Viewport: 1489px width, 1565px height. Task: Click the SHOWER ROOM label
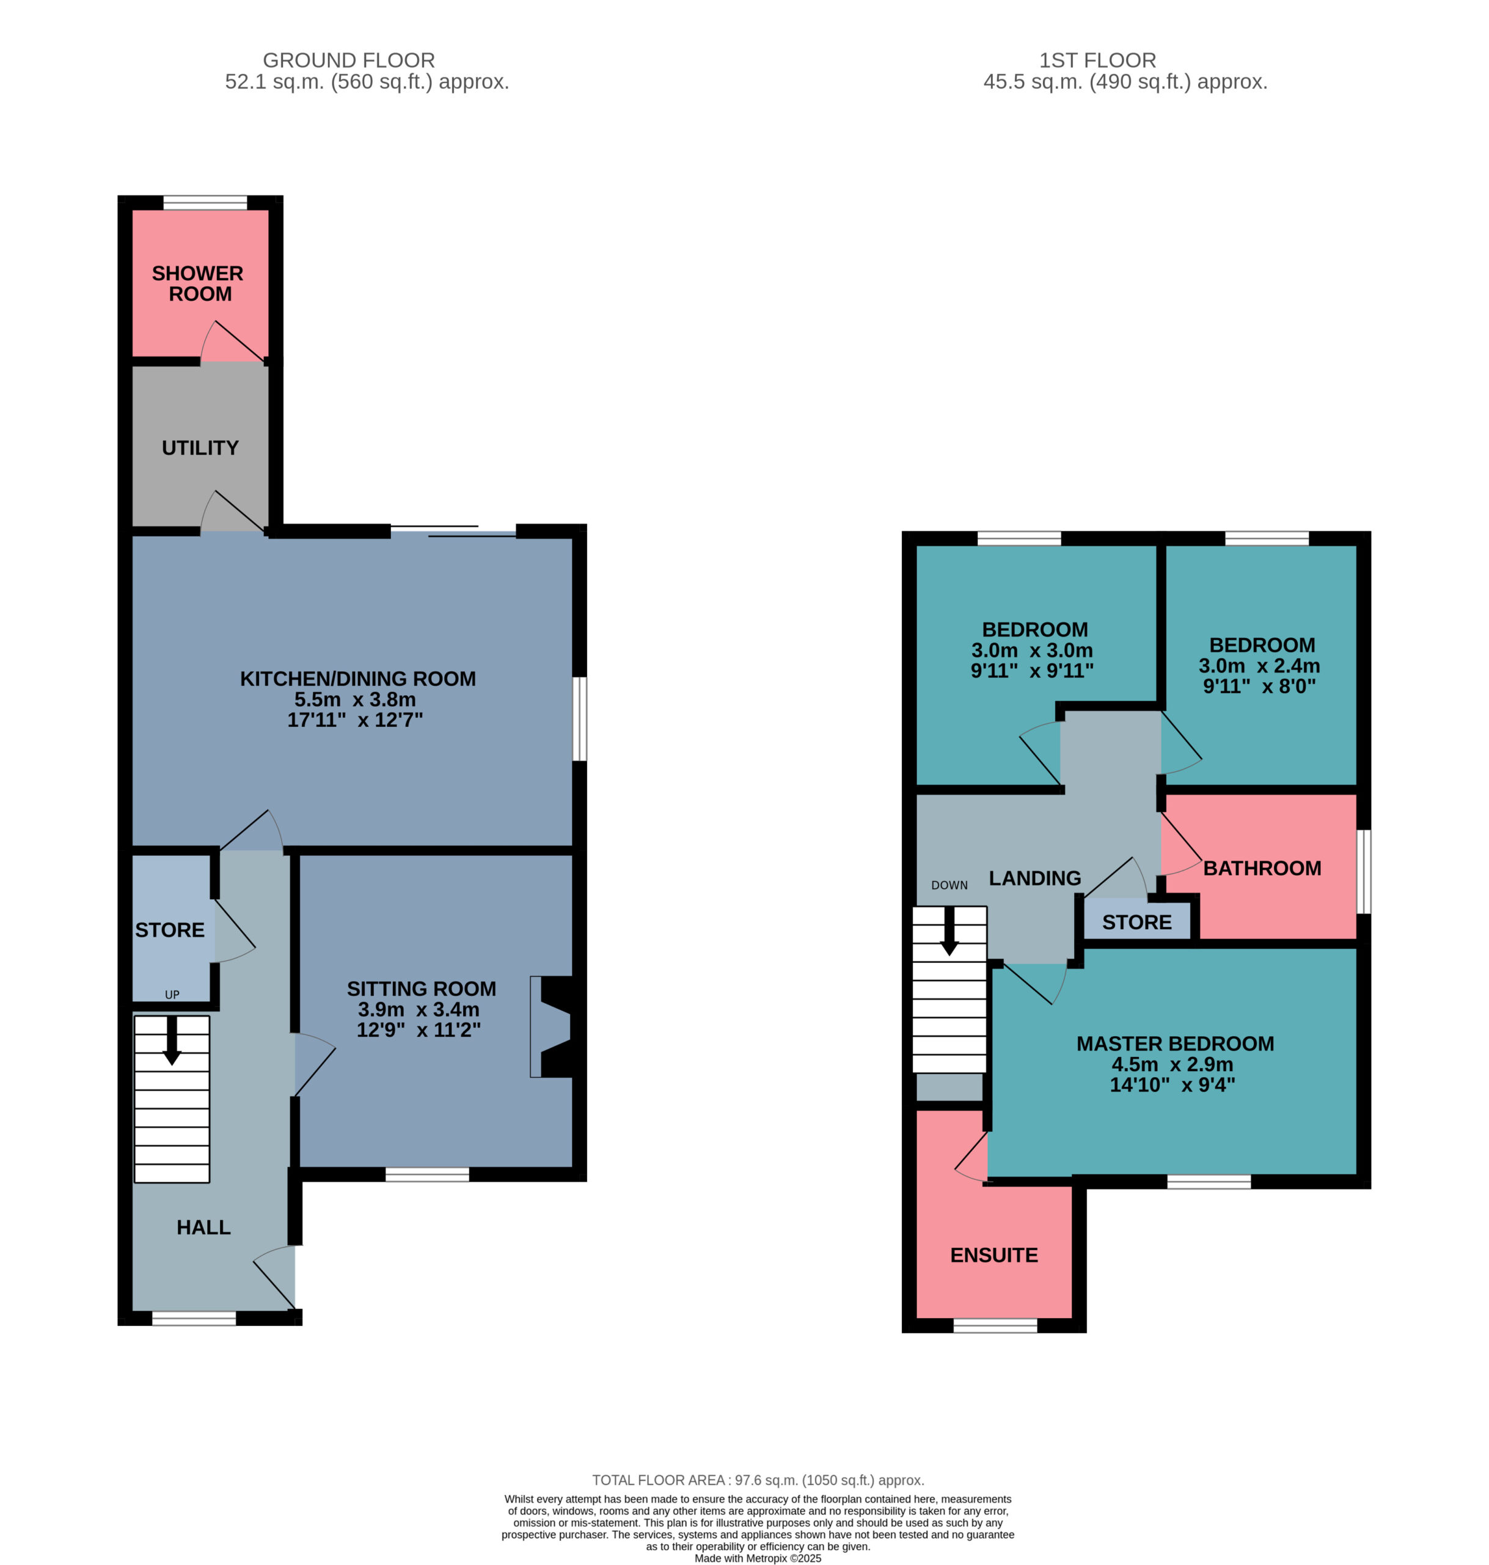coord(197,284)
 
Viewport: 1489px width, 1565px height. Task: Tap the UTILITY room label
coord(200,448)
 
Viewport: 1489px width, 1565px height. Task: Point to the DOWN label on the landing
coord(949,885)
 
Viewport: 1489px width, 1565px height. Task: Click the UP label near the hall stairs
coord(172,995)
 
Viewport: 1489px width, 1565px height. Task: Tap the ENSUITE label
coord(993,1255)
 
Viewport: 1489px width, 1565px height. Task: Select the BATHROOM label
coord(1262,869)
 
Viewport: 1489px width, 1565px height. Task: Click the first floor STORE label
coord(1136,922)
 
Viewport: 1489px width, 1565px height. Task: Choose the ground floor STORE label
coord(170,930)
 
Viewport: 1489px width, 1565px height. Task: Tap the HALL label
coord(203,1228)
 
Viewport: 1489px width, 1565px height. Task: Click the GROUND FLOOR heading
coord(348,61)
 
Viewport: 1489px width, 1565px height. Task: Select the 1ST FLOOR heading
coord(1098,61)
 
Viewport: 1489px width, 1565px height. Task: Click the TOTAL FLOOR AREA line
coord(758,1480)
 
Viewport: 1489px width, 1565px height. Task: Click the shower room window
coord(205,202)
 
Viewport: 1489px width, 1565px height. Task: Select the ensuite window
coord(995,1325)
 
